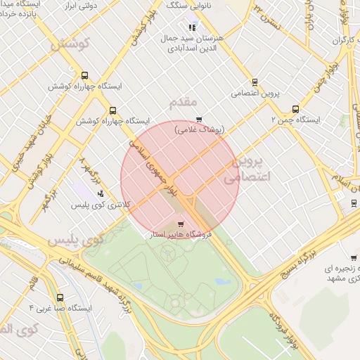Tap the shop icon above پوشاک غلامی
[199, 119]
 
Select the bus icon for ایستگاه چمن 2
[295, 110]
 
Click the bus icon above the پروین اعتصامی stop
[254, 82]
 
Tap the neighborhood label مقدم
[183, 103]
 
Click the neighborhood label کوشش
[70, 44]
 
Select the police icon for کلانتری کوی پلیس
[101, 193]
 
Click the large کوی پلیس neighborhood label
[75, 239]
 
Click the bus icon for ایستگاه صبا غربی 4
[60, 297]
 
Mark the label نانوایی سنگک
[187, 6]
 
